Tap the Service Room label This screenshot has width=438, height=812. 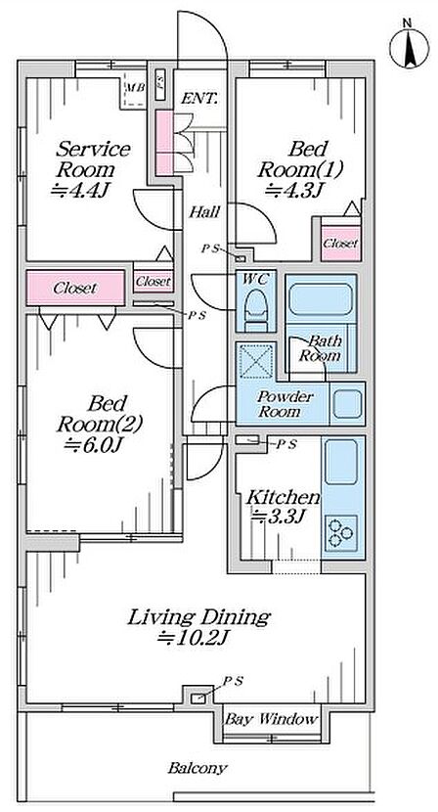93,159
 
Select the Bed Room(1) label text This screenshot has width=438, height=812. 301,159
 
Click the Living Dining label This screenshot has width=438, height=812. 198,617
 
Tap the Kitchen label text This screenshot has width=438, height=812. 283,498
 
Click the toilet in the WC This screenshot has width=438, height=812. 256,309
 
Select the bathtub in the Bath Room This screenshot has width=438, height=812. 321,299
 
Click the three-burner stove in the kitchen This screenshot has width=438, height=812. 341,533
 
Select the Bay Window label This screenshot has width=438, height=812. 270,719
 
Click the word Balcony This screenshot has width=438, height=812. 197,768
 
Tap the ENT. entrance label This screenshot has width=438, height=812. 198,99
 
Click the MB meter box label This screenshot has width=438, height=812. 136,87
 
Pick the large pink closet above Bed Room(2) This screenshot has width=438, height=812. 75,288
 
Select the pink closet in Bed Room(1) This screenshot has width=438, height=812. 340,243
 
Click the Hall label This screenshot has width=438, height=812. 204,211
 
